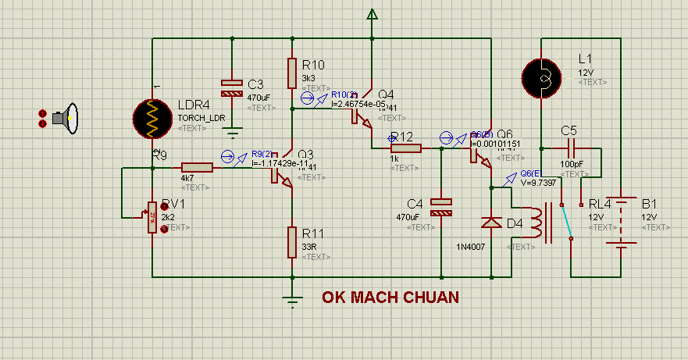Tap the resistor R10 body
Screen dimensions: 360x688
(291, 73)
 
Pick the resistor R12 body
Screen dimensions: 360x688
(406, 148)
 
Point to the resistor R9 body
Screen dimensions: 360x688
(197, 167)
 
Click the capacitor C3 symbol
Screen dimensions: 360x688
(232, 87)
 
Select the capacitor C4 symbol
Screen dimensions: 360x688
(442, 207)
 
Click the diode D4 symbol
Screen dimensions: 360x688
(491, 223)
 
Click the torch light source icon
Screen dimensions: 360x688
(65, 119)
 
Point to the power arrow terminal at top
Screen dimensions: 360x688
(373, 13)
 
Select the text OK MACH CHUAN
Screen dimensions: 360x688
(390, 298)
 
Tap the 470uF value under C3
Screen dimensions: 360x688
(258, 98)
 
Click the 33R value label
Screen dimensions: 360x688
(309, 247)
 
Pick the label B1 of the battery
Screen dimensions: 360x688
(650, 204)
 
